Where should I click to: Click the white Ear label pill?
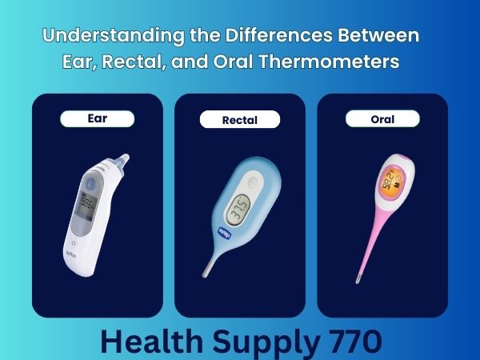click(97, 118)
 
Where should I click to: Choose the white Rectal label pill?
click(240, 120)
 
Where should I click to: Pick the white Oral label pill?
click(383, 119)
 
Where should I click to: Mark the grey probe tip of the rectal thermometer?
click(206, 272)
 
